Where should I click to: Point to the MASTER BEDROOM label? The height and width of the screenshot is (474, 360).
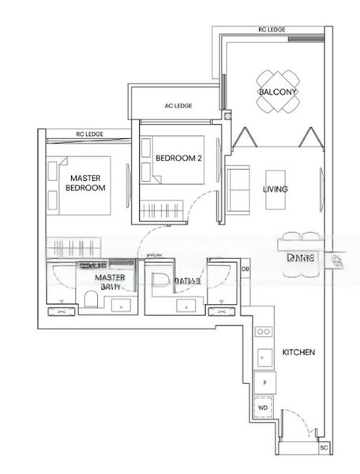click(86, 182)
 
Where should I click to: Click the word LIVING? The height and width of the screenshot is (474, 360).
click(275, 190)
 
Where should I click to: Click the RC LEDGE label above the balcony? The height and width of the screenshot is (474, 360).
click(271, 30)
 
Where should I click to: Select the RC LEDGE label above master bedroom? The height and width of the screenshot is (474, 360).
click(89, 134)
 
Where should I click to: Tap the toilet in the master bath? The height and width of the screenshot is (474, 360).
click(92, 299)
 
